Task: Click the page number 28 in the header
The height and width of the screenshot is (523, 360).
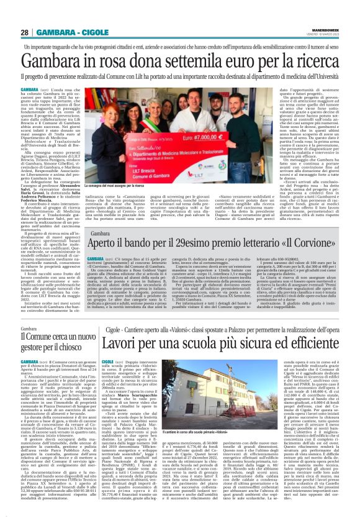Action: pyautogui.click(x=25, y=32)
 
